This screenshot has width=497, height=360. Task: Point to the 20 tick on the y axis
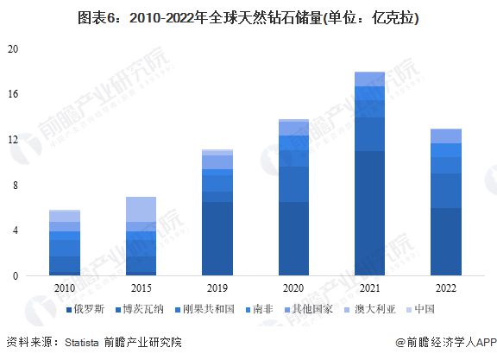(12, 49)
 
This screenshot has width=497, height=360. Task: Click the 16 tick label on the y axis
(12, 94)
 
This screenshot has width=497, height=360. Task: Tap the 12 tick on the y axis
(12, 140)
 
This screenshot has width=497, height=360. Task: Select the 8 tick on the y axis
(15, 186)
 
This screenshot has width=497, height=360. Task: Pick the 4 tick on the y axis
(15, 231)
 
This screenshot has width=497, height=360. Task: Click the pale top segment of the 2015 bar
(141, 210)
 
